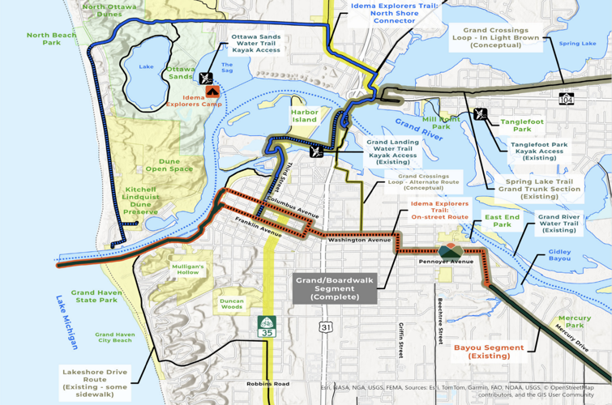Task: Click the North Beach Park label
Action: [52, 39]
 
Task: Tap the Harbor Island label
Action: [305, 116]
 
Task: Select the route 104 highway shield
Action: [566, 98]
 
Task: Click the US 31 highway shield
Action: [326, 326]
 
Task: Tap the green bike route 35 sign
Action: [267, 326]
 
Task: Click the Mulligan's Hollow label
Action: [188, 269]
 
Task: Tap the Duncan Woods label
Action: [231, 304]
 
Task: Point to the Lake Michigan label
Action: [67, 322]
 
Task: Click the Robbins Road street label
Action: [267, 384]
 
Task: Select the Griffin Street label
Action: [400, 339]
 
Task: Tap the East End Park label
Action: [503, 220]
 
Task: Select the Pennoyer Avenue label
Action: [446, 262]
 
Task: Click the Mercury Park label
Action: [574, 322]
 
